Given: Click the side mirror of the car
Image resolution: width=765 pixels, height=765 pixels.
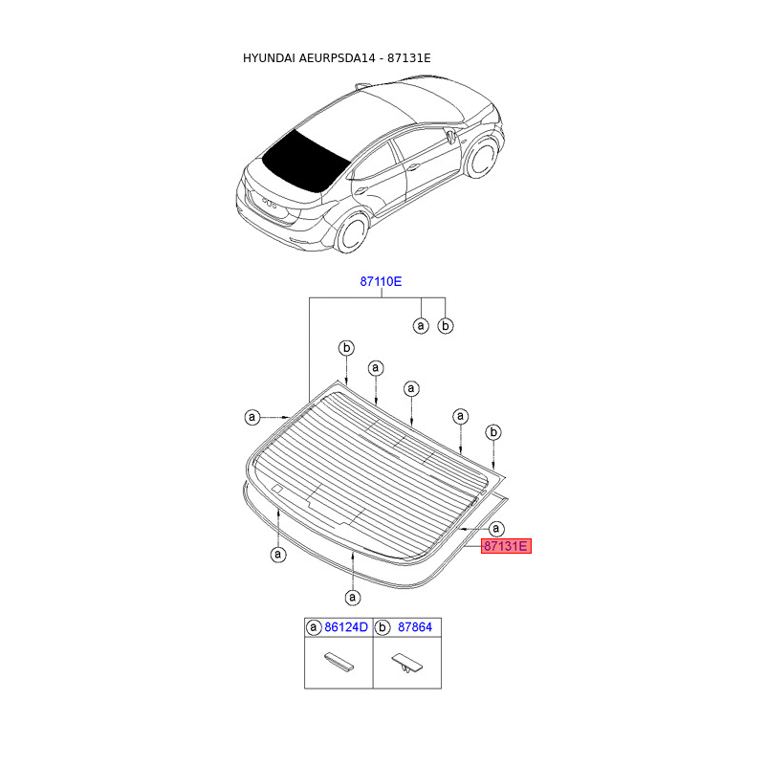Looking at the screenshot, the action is tap(449, 135).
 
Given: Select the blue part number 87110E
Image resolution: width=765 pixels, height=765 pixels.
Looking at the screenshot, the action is tap(381, 281).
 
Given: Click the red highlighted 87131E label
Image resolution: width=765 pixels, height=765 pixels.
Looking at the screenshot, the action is tap(505, 547).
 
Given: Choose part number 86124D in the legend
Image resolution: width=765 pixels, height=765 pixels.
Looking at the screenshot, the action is tap(345, 627).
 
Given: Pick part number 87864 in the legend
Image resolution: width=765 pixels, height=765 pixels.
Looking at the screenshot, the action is tap(413, 627).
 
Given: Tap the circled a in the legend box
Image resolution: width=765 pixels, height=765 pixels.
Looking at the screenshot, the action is tap(313, 627).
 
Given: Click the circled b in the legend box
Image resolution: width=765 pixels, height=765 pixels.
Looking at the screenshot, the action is tap(382, 627).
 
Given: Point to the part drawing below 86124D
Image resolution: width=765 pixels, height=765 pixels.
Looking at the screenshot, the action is tap(338, 662).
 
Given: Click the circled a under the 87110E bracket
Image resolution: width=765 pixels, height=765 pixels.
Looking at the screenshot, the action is tap(421, 326).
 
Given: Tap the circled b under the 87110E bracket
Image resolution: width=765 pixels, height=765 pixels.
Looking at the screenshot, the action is tap(445, 326).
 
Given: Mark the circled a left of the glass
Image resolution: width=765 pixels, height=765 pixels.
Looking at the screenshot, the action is tap(251, 417).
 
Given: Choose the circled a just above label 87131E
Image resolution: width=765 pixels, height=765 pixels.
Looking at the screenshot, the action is tap(496, 528).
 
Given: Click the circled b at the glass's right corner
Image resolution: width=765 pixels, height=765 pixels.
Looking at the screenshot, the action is tap(493, 432).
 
